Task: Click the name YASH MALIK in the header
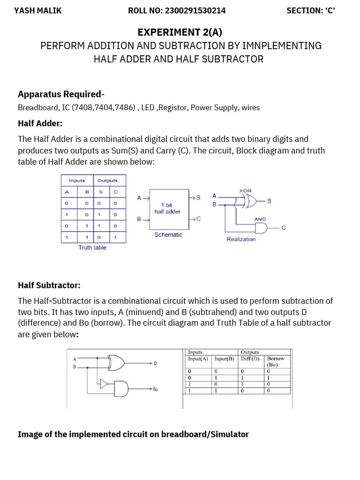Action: (37, 11)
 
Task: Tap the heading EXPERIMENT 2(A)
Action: (180, 32)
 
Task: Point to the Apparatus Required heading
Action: (61, 94)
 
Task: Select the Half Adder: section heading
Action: (40, 123)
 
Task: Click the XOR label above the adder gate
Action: (246, 191)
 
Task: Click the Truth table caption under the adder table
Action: (92, 247)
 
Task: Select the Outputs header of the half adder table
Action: (107, 180)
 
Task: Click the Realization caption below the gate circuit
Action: (241, 239)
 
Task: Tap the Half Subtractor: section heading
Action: (49, 285)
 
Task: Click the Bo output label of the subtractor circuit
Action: (155, 389)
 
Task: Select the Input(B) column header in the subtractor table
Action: (224, 359)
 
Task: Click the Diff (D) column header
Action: (250, 359)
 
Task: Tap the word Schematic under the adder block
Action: (168, 234)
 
